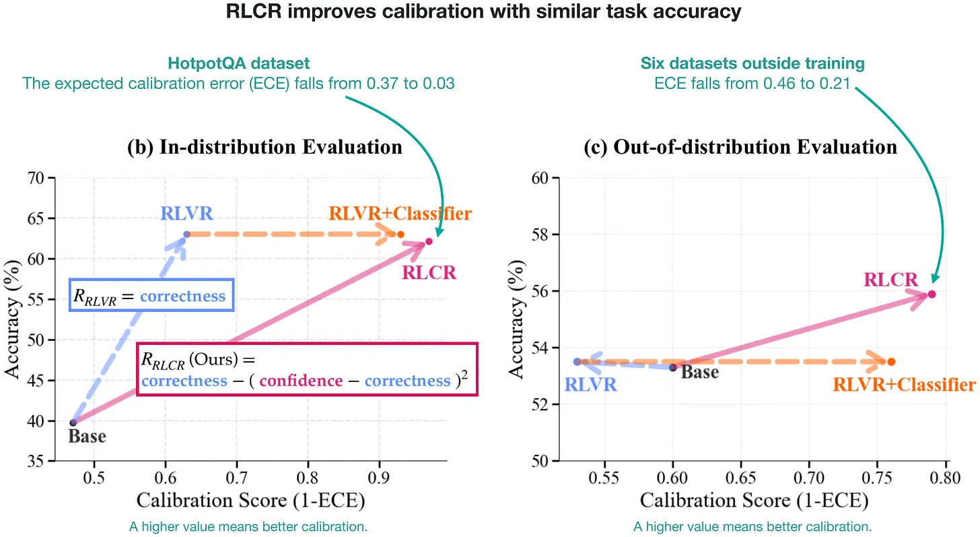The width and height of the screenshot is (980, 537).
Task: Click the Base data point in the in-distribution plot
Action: coord(73,422)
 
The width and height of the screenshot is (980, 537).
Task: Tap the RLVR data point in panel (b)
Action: coord(187,234)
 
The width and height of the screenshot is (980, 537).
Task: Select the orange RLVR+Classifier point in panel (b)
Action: coord(400,234)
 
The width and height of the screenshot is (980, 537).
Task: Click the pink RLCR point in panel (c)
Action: coord(932,294)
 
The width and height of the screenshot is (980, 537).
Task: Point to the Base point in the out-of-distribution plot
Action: coord(673,367)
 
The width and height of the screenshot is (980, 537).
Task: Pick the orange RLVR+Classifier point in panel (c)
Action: coord(891,362)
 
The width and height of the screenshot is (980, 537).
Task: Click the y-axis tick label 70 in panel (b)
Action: coord(36,179)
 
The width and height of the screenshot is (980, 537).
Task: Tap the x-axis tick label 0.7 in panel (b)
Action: coord(237,478)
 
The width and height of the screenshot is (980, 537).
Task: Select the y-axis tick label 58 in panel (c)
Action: coord(539,234)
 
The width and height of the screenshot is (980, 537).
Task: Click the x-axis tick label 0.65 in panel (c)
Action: coord(740,478)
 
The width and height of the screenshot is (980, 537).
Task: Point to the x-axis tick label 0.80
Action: coord(945,478)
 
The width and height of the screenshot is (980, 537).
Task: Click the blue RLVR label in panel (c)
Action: coord(591,385)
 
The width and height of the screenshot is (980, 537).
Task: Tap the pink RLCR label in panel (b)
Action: coord(429,272)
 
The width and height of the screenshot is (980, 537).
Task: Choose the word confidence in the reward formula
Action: coord(301,381)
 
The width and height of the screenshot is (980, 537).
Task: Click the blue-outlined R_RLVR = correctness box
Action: coord(151,295)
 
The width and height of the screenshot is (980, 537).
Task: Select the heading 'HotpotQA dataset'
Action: coord(238,63)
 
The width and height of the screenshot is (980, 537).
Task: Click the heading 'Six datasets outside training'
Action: coord(753,63)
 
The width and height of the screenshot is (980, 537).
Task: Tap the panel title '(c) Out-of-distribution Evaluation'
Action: coord(740,147)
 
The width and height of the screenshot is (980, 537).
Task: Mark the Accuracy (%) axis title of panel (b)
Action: coord(12,319)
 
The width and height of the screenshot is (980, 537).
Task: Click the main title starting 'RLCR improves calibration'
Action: coord(483,11)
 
